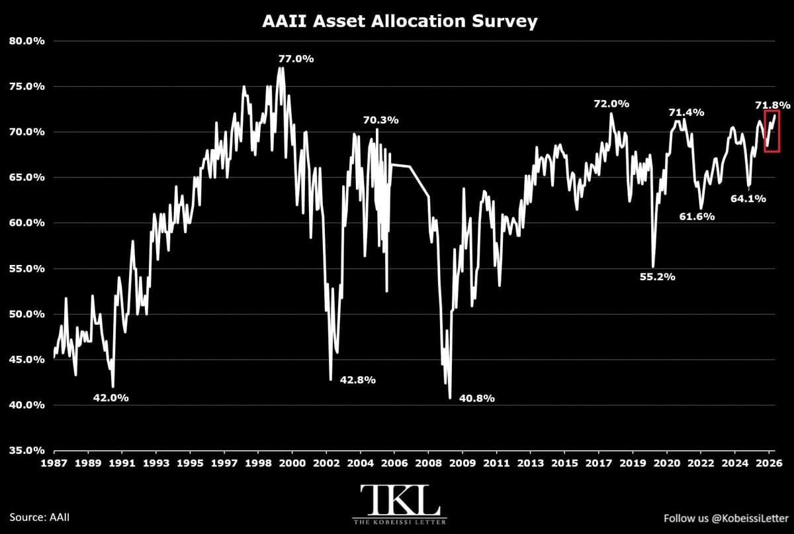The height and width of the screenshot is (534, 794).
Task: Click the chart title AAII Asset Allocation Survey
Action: coord(400,21)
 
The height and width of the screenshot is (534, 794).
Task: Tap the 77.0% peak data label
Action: coord(296,59)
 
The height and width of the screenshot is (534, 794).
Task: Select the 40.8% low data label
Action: coord(477,398)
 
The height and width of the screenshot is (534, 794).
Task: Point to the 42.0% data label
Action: coord(111,398)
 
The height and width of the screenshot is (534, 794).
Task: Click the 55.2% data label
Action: coord(658,277)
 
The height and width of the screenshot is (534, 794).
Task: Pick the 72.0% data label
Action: coord(611,104)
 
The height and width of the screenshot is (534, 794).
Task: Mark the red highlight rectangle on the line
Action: coord(765,131)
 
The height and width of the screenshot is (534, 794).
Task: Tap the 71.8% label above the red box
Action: coord(772,105)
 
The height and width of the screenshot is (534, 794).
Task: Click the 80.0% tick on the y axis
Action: coord(27,41)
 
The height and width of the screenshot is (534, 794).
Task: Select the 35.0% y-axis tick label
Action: coord(27,451)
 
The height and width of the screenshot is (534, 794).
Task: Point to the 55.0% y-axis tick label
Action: coord(27,268)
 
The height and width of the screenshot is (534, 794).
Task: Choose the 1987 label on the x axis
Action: coord(54,463)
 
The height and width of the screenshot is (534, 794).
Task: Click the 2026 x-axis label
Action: coord(769,463)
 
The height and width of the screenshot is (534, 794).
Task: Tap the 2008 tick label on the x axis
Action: coord(429,463)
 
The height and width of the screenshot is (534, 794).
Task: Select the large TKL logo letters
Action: coord(400,500)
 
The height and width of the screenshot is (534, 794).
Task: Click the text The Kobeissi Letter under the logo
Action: coord(400,521)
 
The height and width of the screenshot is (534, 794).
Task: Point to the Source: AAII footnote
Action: coord(39,517)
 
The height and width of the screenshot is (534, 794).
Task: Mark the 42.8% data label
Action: coord(358,380)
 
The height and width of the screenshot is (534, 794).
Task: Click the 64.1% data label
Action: coord(748,199)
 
